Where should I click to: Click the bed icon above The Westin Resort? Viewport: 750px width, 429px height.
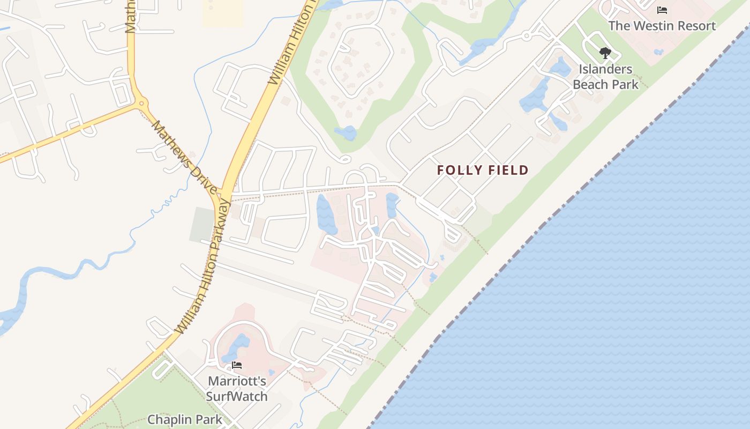tap(662, 10)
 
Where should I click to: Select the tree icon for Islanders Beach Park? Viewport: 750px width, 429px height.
tap(605, 53)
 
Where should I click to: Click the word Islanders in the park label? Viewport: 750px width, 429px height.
tap(605, 69)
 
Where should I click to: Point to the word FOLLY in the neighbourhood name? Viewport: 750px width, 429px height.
tap(460, 171)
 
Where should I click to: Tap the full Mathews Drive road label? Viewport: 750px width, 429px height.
tap(184, 157)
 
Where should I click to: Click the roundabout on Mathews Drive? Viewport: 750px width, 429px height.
tap(141, 102)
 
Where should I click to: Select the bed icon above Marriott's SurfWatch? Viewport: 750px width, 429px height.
tap(237, 366)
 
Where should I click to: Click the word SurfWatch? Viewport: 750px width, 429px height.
tap(237, 397)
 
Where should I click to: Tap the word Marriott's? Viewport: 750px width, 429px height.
tap(237, 381)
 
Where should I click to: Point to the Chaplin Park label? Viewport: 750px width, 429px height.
tap(184, 419)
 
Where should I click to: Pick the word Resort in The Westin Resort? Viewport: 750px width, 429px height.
tap(695, 26)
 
